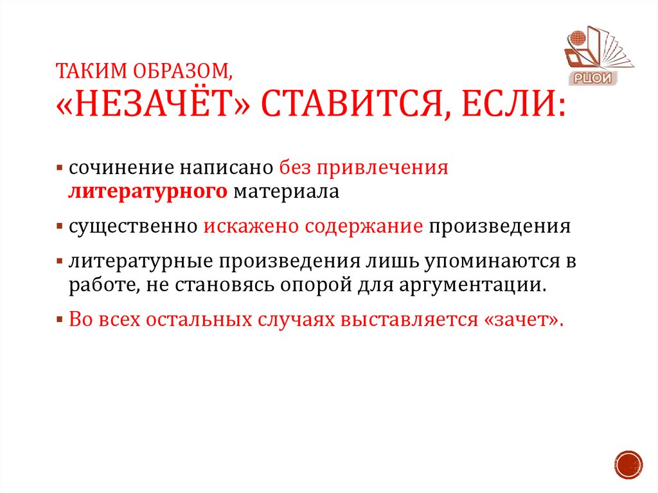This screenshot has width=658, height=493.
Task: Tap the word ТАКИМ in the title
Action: point(79,70)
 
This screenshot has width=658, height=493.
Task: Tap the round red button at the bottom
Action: point(628,463)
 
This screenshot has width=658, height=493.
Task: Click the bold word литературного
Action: point(148,192)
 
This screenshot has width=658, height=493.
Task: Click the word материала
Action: point(285,192)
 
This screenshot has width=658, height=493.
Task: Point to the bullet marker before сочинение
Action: point(59,169)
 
